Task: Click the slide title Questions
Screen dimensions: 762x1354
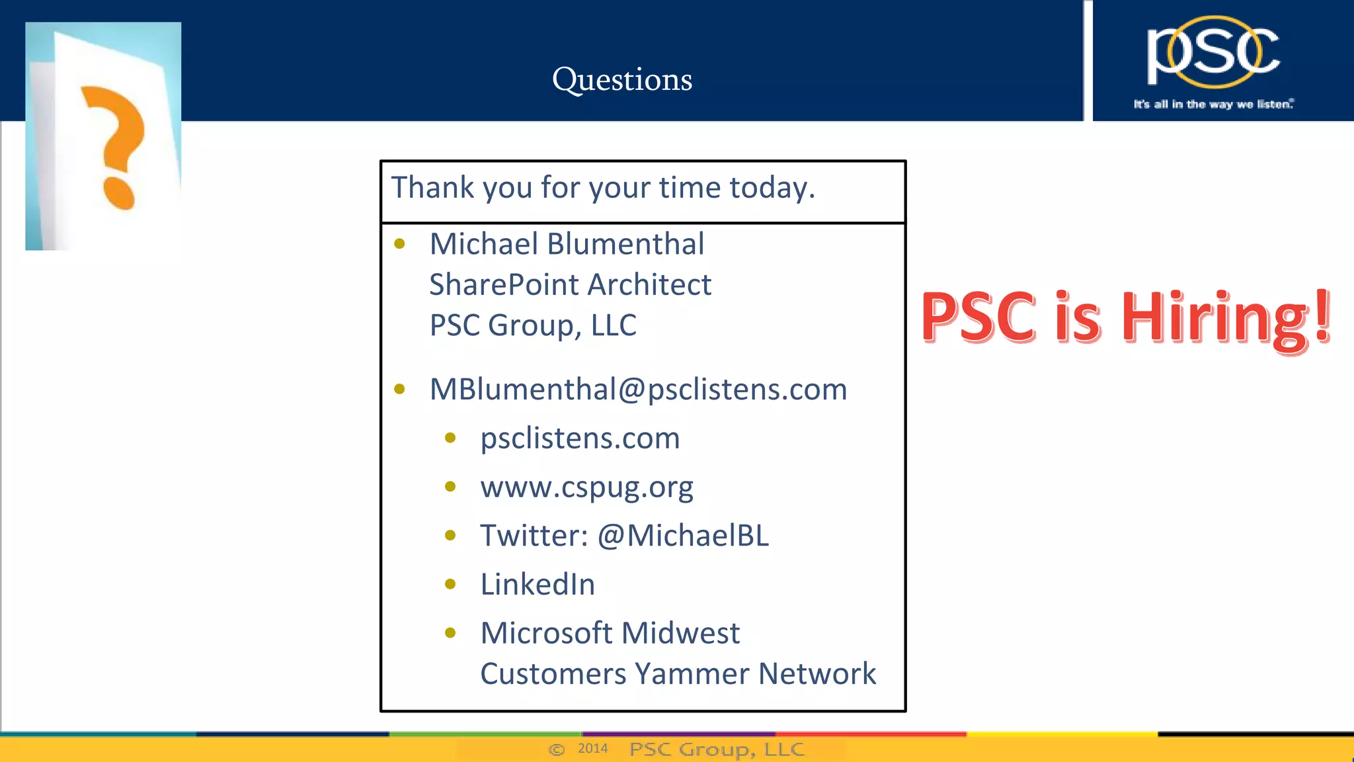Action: [x=622, y=80]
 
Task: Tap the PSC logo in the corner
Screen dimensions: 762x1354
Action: [x=1213, y=53]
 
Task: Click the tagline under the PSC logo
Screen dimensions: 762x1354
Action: [x=1213, y=105]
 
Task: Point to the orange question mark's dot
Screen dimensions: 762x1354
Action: [x=119, y=193]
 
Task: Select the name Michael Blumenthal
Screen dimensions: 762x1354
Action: [x=567, y=244]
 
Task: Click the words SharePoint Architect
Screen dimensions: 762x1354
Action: [x=570, y=285]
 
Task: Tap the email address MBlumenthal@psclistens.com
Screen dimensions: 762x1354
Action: [x=638, y=389]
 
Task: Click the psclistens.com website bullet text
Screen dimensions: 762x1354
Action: [x=580, y=439]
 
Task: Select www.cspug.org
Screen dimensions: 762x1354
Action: [x=586, y=487]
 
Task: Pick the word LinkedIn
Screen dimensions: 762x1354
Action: [x=538, y=585]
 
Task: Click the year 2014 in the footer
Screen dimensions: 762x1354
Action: [x=592, y=748]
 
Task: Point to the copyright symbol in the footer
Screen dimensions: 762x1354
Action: [x=557, y=749]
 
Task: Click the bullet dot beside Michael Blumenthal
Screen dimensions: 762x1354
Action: [x=399, y=244]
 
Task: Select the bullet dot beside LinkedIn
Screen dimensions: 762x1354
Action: [x=450, y=584]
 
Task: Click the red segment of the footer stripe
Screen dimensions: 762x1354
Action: [x=871, y=734]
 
